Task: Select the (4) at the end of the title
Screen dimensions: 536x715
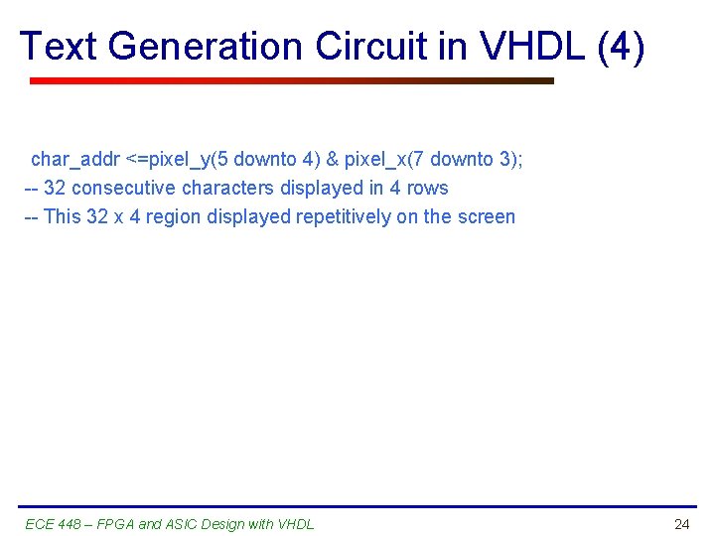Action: (x=622, y=47)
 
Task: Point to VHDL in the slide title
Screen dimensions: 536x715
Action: (x=537, y=47)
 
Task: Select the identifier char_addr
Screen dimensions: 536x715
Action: (x=75, y=159)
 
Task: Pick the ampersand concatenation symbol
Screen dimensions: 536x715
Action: (x=332, y=159)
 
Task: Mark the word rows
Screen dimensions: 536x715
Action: (x=427, y=188)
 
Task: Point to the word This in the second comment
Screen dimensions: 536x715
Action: (x=63, y=216)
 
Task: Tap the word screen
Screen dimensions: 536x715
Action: (x=487, y=216)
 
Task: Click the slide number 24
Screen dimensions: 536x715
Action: (x=681, y=524)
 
